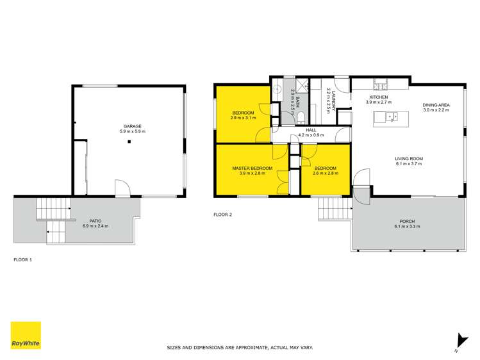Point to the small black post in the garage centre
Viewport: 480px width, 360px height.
(128, 142)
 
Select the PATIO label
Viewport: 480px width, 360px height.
(95, 220)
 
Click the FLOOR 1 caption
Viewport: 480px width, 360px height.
(22, 260)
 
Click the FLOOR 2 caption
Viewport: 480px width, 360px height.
(222, 215)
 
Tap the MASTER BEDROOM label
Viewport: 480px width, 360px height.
(252, 168)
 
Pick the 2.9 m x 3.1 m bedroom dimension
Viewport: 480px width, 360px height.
(243, 118)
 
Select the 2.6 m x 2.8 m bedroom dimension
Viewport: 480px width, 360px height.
(325, 173)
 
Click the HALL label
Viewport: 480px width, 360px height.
(311, 130)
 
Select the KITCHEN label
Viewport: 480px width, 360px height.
(378, 97)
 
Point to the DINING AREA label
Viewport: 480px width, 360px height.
(436, 105)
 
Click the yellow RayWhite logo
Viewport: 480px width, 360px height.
(26, 335)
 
